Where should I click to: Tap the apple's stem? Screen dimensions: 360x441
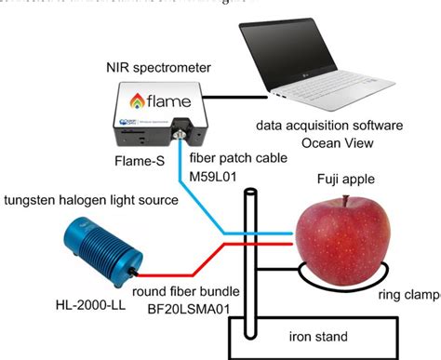(x=346, y=201)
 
